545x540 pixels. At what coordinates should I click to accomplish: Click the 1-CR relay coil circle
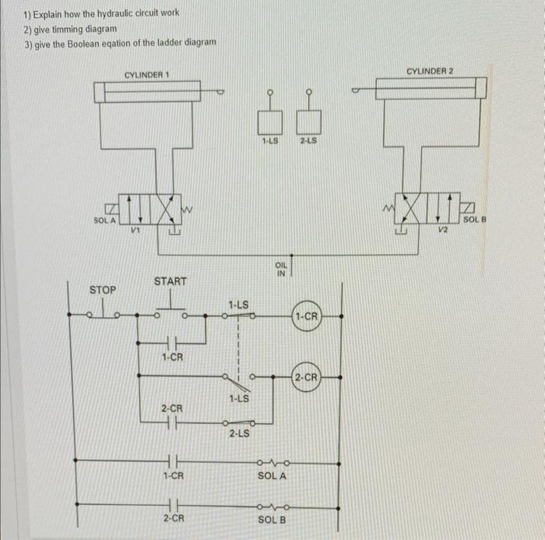click(307, 316)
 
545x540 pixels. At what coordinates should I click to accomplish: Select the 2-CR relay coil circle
click(307, 378)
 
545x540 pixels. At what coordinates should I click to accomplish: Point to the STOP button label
click(103, 290)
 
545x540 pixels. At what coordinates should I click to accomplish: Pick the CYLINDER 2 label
click(431, 71)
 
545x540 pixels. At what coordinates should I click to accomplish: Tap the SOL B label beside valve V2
click(473, 221)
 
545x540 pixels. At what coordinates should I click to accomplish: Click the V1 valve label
click(135, 229)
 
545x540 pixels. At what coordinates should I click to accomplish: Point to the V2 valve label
click(443, 229)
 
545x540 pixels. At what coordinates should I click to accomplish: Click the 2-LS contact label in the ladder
click(239, 434)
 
